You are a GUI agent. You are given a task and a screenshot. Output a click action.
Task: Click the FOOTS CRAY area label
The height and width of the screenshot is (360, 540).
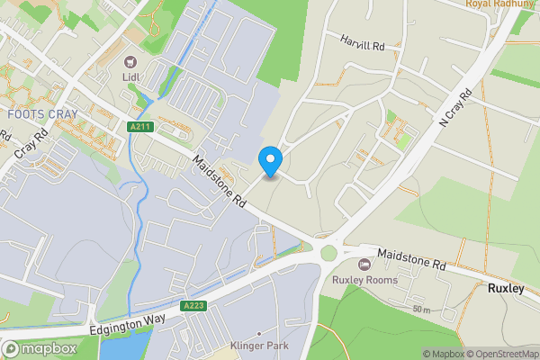42,114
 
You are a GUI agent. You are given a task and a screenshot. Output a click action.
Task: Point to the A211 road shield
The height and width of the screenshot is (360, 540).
139,127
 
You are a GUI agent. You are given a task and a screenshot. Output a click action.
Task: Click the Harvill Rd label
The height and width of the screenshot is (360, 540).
362,41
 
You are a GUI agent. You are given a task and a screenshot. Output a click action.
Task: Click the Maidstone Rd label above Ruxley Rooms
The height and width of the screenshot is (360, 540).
412,261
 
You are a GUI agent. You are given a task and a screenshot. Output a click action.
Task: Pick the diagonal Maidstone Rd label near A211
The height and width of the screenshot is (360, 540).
219,183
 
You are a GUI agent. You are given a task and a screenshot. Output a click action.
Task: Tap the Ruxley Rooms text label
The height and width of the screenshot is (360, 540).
364,279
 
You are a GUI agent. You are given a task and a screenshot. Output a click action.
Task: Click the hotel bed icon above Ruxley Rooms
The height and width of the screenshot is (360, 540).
364,264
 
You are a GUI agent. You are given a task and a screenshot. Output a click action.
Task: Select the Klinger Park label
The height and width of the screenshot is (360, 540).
258,345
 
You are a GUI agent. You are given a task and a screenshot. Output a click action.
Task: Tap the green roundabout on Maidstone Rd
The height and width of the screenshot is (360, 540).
328,253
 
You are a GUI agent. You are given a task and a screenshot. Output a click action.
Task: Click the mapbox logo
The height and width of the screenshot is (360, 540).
40,348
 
